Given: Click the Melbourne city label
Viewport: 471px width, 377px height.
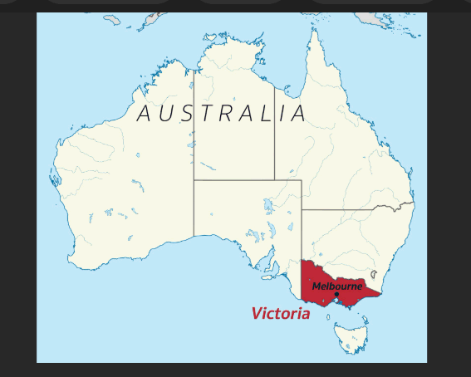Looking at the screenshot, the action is click(337, 286).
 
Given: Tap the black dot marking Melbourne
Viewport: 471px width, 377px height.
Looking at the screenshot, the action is click(336, 294).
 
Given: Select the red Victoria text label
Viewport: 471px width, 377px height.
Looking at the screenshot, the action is click(280, 314).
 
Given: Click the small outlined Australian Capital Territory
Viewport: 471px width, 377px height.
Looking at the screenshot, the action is click(375, 274).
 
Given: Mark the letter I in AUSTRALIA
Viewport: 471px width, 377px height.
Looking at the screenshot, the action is click(282, 114).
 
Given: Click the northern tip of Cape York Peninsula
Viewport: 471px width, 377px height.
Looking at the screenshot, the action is click(314, 32).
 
